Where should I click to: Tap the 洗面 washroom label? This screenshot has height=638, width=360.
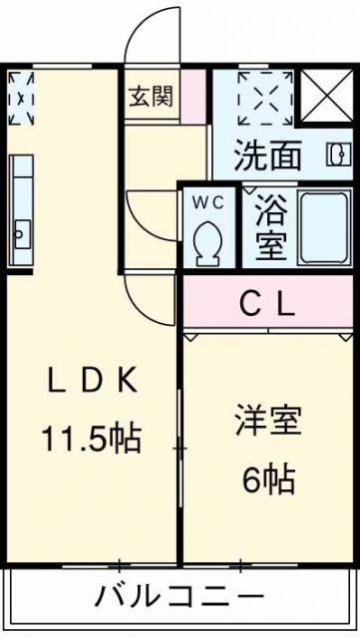(x=268, y=157)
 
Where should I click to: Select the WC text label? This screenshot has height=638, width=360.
(x=209, y=201)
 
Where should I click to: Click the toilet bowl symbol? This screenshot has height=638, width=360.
(x=209, y=241)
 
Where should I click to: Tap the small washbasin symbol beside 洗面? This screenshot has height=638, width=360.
(x=337, y=157)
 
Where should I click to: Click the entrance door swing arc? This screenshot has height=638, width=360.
(x=148, y=35)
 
